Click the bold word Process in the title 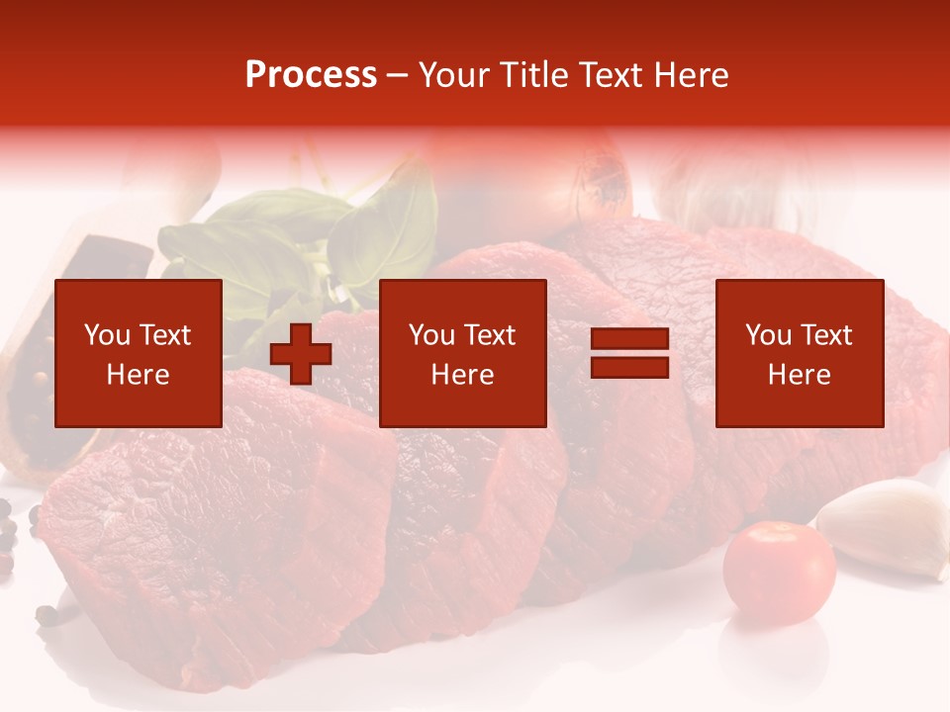(x=311, y=75)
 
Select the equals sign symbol (x=629, y=353)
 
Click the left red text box (x=139, y=353)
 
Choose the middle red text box (x=463, y=353)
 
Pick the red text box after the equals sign (x=800, y=353)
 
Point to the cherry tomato (x=779, y=572)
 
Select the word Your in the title (x=453, y=75)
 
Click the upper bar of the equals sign (x=629, y=339)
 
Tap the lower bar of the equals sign (x=629, y=368)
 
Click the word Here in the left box (x=139, y=375)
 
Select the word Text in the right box (x=826, y=335)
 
